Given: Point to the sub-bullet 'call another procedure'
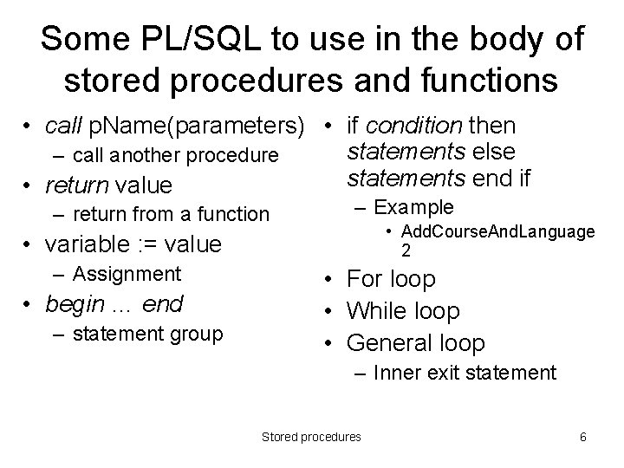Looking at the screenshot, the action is (176, 156).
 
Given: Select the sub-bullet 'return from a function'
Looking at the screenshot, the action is (172, 213).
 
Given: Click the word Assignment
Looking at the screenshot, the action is (127, 274).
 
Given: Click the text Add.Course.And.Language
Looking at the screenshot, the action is (498, 231).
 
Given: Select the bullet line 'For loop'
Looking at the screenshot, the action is (391, 279).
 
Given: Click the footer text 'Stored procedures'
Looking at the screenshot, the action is (311, 437).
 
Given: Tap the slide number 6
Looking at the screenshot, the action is (583, 437).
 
